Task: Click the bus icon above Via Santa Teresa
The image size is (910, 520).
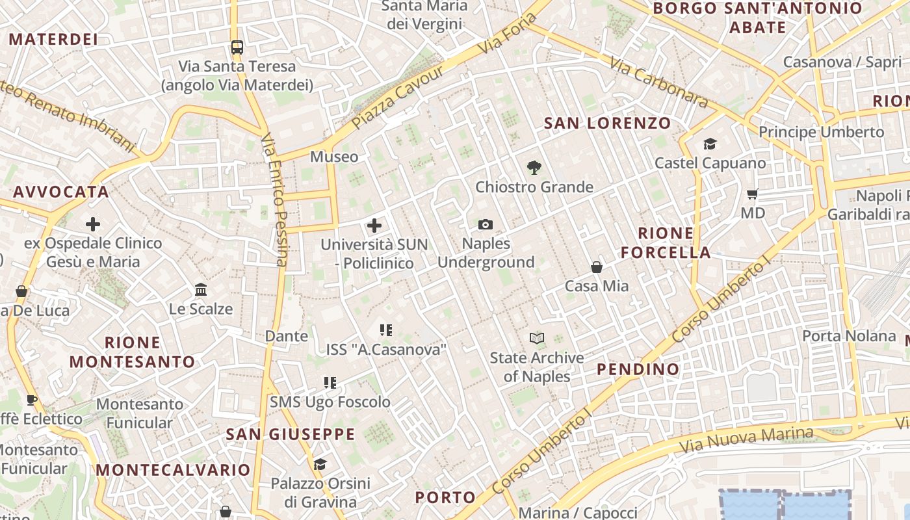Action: (x=237, y=47)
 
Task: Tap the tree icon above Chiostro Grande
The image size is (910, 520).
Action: (x=534, y=168)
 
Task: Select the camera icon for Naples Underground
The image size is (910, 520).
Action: (x=486, y=225)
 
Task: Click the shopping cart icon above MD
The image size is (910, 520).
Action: (x=753, y=194)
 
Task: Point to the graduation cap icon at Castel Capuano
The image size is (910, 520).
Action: (x=710, y=144)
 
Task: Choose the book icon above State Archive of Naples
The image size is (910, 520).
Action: (x=537, y=338)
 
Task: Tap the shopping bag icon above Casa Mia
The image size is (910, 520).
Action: (x=597, y=267)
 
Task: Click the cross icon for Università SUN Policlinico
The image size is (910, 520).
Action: (x=374, y=226)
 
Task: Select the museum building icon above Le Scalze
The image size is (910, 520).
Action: (x=201, y=289)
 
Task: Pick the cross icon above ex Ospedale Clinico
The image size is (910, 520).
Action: (x=93, y=224)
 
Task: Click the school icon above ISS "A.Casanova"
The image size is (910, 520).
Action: (x=386, y=330)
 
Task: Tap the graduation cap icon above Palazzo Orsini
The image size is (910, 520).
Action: (x=320, y=464)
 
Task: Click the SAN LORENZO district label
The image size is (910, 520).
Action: (x=607, y=123)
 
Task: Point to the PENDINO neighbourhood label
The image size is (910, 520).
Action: (x=638, y=369)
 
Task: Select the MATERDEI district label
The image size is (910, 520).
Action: (x=53, y=39)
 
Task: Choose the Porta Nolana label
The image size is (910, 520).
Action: (x=849, y=336)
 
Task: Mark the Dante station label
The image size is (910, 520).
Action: (x=287, y=336)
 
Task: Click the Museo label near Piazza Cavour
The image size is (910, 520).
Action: (x=334, y=157)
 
